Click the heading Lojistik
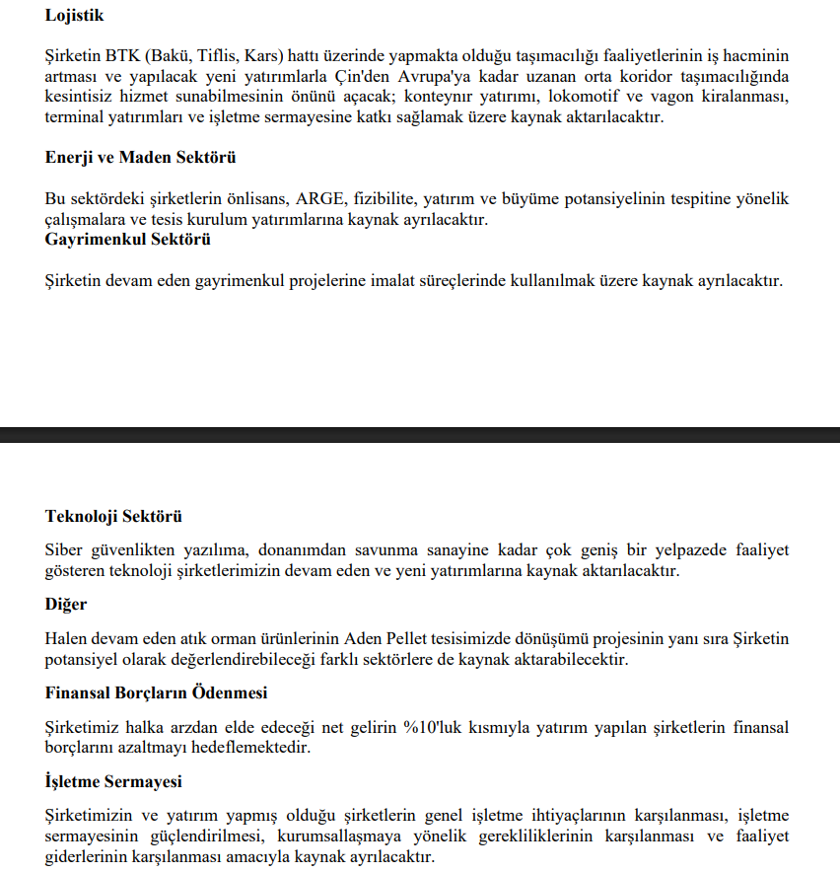[x=74, y=16]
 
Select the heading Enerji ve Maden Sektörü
[x=140, y=158]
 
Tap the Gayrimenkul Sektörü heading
[x=127, y=239]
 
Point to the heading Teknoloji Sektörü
[x=113, y=517]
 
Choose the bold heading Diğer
[x=66, y=605]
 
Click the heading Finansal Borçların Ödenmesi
[x=156, y=693]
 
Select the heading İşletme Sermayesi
[x=113, y=782]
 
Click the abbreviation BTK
[x=122, y=56]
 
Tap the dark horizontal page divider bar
[x=420, y=435]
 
